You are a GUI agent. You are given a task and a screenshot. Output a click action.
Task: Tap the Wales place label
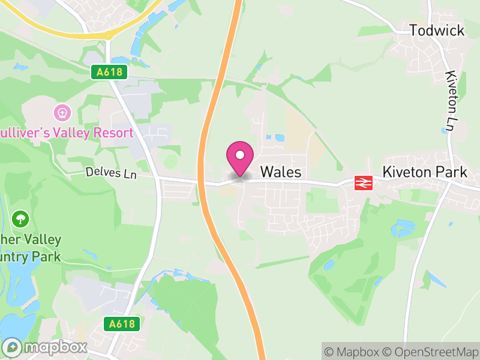pos(280,172)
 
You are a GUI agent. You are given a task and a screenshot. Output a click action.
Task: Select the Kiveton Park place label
pos(425,172)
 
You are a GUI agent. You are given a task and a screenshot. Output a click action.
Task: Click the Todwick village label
pos(437,30)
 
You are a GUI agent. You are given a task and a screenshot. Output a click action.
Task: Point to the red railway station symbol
pos(364,182)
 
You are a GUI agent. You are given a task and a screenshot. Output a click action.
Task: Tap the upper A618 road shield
pos(110,72)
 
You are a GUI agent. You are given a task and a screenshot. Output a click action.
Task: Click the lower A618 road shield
pos(122,324)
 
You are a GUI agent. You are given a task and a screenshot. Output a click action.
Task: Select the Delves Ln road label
pos(111,173)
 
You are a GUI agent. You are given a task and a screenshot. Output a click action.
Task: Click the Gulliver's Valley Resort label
pos(66,133)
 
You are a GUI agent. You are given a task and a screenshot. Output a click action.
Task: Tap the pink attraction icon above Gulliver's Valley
pos(62,112)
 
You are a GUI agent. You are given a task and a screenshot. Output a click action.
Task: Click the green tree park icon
pos(21,218)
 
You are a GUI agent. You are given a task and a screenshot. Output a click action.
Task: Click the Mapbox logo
pos(46,347)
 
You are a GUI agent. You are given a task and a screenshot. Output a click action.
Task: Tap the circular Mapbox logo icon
pos(13,347)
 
